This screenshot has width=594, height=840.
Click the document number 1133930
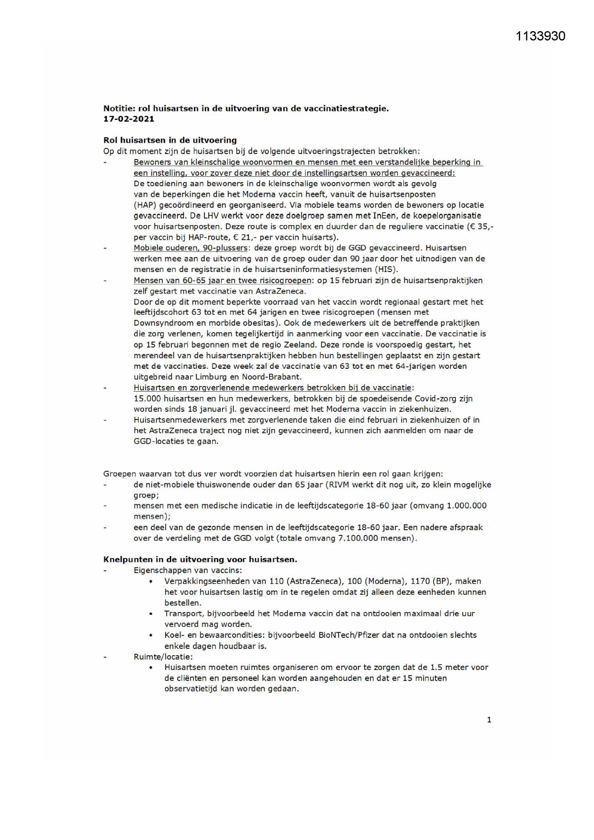point(540,36)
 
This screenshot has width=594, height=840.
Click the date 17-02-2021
point(129,119)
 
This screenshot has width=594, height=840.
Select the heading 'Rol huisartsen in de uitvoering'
point(170,140)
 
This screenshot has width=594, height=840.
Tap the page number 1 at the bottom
point(489,719)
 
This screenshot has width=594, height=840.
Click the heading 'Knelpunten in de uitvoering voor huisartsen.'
point(200,559)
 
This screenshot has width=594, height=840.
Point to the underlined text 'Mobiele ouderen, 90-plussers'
point(191,248)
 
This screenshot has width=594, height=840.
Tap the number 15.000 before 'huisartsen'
point(147,398)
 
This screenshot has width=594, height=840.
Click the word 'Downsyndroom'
point(158,323)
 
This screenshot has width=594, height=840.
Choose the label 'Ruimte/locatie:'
point(163,657)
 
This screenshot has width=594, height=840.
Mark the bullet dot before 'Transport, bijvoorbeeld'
point(151,614)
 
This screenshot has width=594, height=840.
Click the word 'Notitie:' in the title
point(119,109)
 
